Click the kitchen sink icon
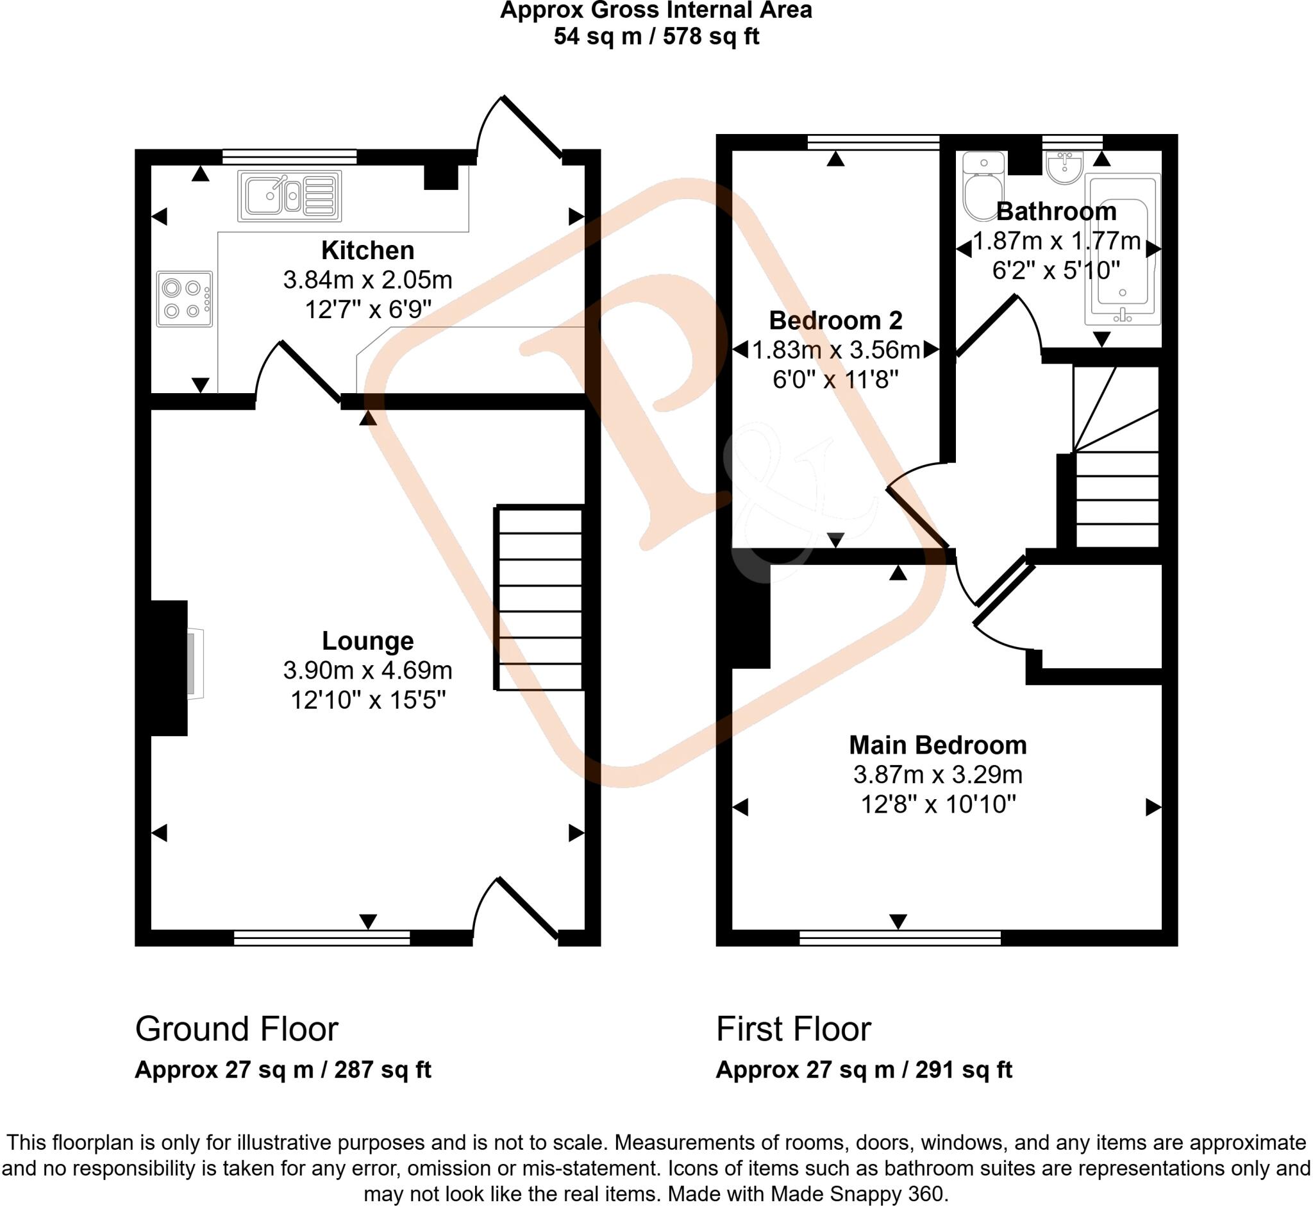(x=289, y=196)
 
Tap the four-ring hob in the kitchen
(x=184, y=298)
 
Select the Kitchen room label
(x=367, y=251)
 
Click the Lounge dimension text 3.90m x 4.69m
(x=367, y=670)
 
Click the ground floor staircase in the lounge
(x=539, y=597)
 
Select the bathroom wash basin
(x=1064, y=167)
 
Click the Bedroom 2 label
(x=835, y=321)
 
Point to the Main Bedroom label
(x=937, y=745)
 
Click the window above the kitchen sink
(x=289, y=156)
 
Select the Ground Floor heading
(x=237, y=1029)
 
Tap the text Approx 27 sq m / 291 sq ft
(x=863, y=1070)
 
